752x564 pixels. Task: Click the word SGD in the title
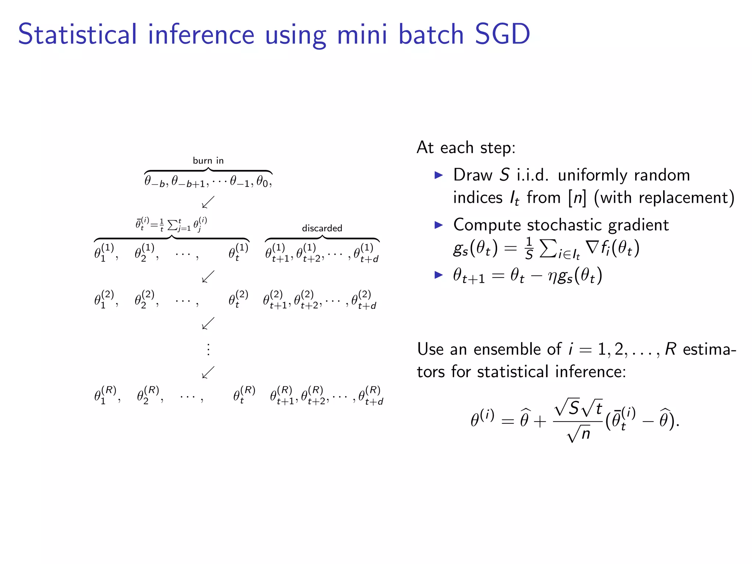502,34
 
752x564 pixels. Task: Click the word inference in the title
201,34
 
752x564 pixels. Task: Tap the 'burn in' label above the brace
208,160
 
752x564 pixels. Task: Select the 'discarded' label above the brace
322,228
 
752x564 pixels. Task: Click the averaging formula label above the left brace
171,224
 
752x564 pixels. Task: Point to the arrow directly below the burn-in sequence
208,202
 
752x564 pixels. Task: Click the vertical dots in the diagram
208,349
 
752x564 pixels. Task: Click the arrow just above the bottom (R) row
208,372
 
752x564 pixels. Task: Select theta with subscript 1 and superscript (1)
104,253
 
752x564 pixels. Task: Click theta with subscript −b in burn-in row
154,181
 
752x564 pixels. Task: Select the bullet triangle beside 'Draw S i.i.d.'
439,175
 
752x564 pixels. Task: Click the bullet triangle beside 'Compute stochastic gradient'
439,225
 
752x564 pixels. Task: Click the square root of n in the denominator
579,434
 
